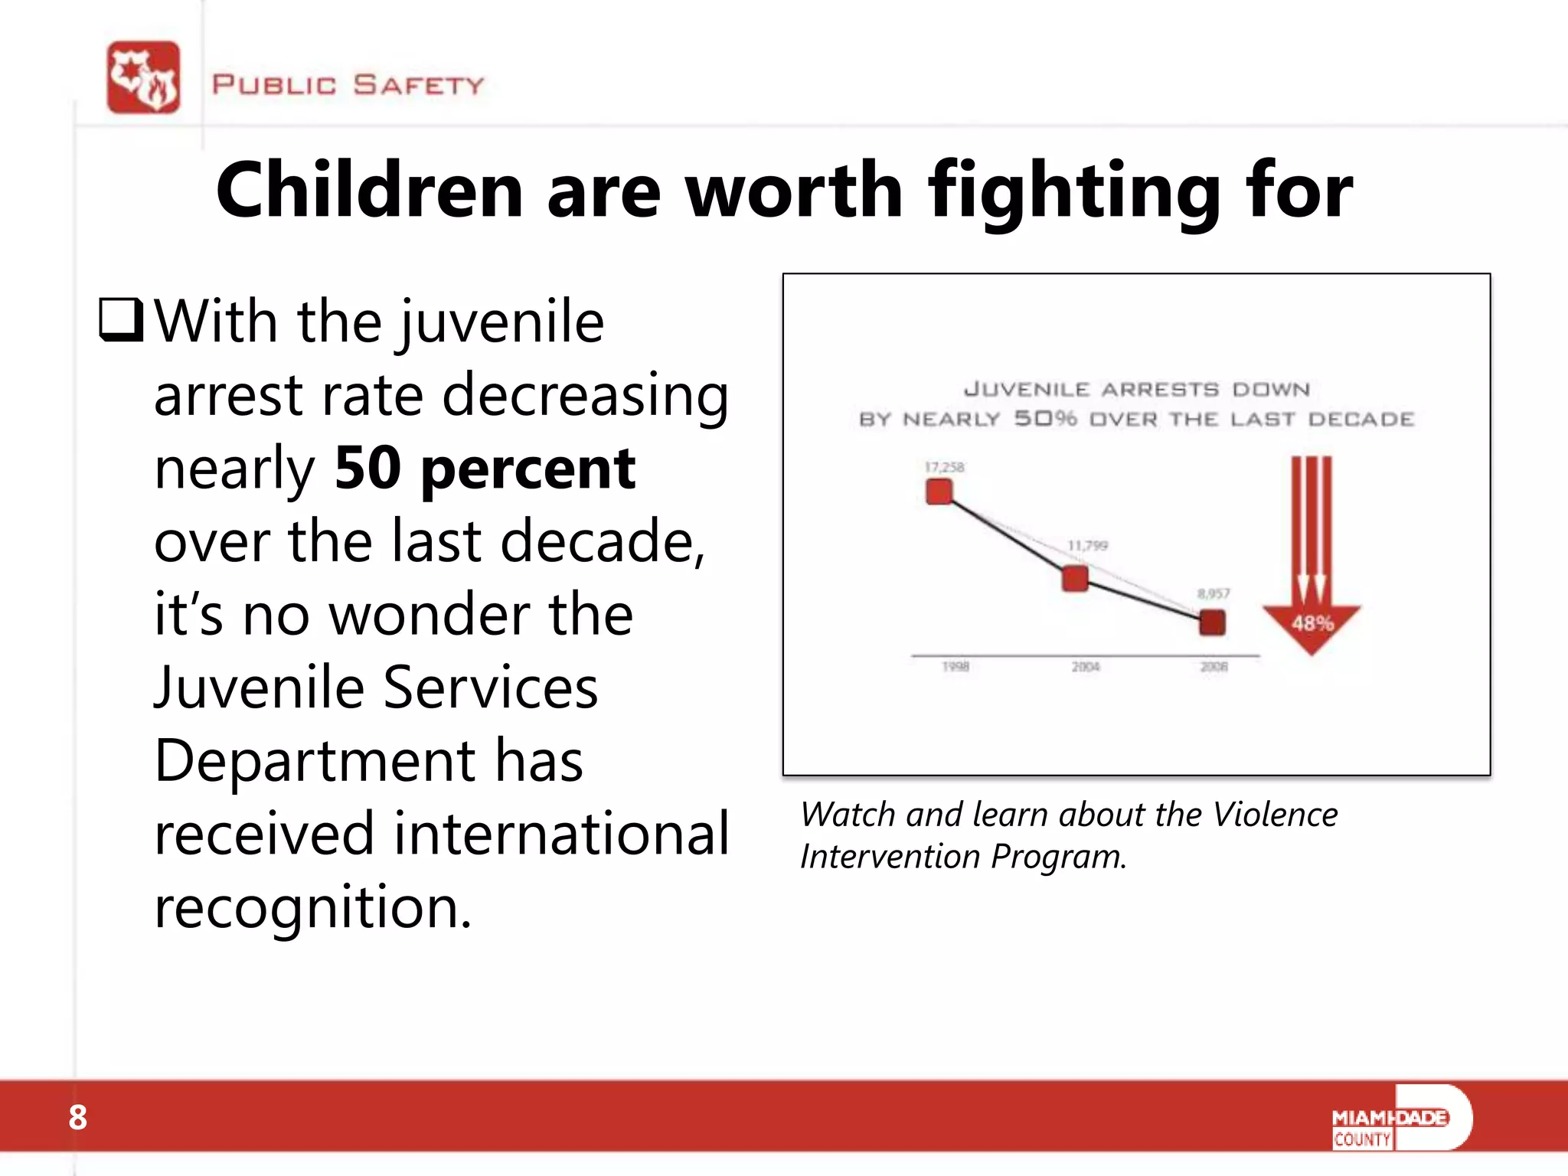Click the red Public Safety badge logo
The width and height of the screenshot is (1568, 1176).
tap(144, 77)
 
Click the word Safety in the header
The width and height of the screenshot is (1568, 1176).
tap(418, 84)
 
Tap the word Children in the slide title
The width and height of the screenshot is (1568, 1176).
tap(369, 191)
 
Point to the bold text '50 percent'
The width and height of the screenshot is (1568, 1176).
tap(484, 468)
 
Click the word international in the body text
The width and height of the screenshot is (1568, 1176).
tap(560, 834)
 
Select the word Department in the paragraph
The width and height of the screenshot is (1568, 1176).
tap(314, 760)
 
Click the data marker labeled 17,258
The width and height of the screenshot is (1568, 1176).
tap(939, 492)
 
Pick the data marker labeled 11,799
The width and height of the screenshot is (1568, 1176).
tap(1075, 579)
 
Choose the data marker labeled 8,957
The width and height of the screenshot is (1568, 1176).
tap(1212, 622)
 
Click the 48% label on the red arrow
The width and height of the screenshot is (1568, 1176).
tap(1312, 623)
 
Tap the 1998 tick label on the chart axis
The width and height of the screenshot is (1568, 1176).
tap(955, 667)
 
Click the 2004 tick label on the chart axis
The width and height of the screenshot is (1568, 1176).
tap(1085, 667)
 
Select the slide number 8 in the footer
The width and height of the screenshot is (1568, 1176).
tap(77, 1118)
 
